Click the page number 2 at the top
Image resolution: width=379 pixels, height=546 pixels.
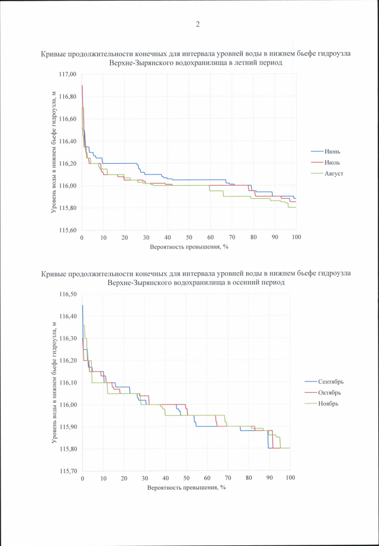tap(197, 24)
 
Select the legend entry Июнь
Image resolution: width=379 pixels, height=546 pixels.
tap(332, 151)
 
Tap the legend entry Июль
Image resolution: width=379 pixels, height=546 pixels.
tap(332, 162)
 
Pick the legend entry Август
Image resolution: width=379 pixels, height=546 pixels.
tap(334, 173)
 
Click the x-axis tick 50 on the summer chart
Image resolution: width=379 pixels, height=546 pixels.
tap(189, 237)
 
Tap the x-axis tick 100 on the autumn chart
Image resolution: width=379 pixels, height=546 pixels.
tap(290, 478)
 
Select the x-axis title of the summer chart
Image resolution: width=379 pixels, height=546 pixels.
tap(189, 247)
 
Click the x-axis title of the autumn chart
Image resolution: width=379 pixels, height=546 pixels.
tap(187, 488)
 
